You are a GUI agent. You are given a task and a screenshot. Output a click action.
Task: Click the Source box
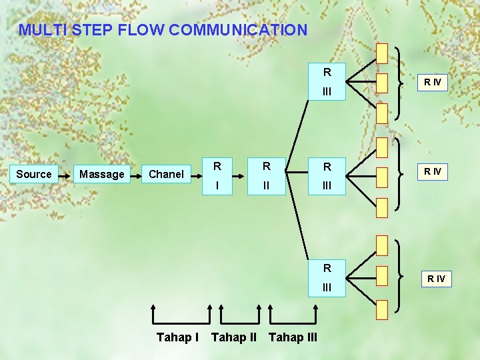coord(33,174)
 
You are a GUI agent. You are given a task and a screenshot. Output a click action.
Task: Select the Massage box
coord(101,174)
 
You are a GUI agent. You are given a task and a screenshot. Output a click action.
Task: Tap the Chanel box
coord(166,174)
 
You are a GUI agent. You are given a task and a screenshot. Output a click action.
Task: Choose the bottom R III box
coord(327,277)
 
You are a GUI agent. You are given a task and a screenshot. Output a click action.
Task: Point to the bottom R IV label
coord(437,278)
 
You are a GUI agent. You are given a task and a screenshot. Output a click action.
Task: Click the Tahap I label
coord(177,337)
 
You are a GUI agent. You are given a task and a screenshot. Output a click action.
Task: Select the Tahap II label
coord(233,337)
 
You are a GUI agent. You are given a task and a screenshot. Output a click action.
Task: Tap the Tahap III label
coord(293,337)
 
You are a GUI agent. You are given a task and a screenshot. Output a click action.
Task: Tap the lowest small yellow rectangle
coord(381,309)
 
